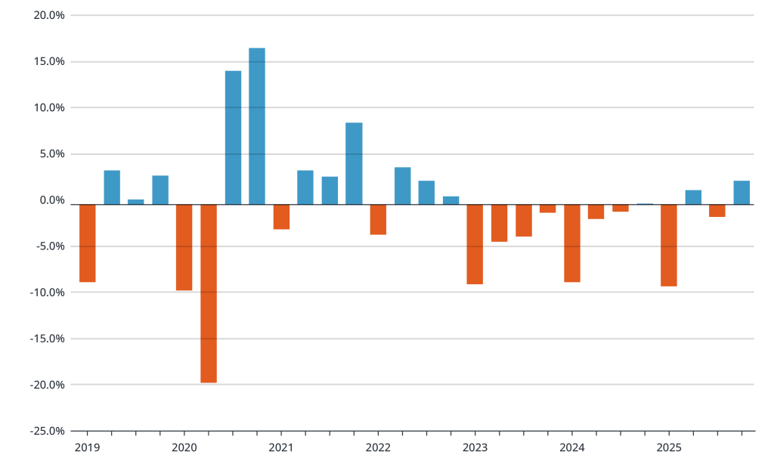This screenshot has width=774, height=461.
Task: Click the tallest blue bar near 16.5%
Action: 257,126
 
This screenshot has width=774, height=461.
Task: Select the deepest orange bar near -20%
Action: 209,293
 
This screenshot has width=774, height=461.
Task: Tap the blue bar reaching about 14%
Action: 233,138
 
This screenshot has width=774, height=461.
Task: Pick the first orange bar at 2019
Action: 88,243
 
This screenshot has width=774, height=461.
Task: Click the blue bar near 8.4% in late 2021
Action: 354,163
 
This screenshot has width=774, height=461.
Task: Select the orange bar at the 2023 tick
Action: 475,244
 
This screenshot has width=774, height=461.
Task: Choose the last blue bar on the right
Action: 741,193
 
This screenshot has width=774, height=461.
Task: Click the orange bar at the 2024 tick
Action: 571,243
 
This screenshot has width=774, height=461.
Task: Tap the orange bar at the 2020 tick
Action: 184,247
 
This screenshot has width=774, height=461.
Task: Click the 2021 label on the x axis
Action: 281,447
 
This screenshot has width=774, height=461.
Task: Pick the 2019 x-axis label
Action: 88,447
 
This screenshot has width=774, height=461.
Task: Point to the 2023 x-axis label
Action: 475,447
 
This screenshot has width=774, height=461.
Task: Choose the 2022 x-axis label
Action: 378,447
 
